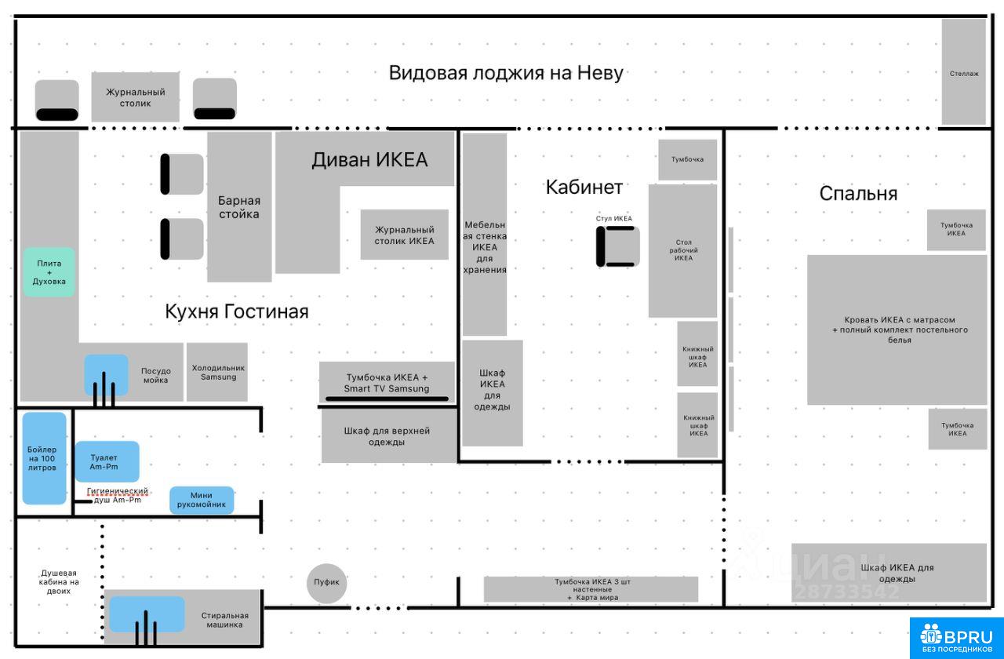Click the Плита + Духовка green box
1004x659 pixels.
(x=49, y=272)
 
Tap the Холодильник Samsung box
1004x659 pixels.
(x=217, y=372)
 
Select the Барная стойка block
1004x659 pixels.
(x=239, y=207)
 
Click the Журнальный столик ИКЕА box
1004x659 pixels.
(x=404, y=235)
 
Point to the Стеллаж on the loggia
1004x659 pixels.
(x=964, y=72)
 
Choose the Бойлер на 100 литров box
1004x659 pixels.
(x=44, y=457)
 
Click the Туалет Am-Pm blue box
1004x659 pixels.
(x=107, y=461)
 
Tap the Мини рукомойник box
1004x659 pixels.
(x=202, y=500)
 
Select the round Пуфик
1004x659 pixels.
(x=326, y=583)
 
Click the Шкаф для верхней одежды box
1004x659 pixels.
(x=388, y=436)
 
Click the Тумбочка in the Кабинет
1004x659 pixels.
(x=687, y=159)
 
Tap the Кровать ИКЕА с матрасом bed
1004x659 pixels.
(x=897, y=329)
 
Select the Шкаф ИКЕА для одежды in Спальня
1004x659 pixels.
(x=889, y=573)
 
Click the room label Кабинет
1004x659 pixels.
(x=584, y=187)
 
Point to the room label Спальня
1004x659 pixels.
(x=858, y=193)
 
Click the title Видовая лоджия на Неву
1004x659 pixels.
(x=506, y=73)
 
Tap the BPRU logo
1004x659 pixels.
(x=956, y=638)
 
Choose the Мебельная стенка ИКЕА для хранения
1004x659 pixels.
(x=484, y=235)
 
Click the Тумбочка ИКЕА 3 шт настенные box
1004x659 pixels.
(x=591, y=589)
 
